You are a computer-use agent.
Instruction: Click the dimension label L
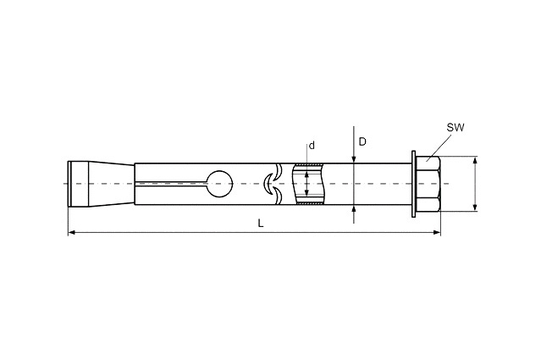(261, 224)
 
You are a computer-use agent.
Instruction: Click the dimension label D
(362, 141)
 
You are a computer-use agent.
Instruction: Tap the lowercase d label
(312, 146)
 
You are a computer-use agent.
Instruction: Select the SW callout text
(455, 127)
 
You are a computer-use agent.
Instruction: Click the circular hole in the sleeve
(219, 184)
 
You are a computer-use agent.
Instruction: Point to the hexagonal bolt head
(428, 184)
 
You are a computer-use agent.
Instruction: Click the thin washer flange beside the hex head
(414, 184)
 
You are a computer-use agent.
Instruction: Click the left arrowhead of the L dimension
(72, 232)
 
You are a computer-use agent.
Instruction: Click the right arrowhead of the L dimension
(437, 232)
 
